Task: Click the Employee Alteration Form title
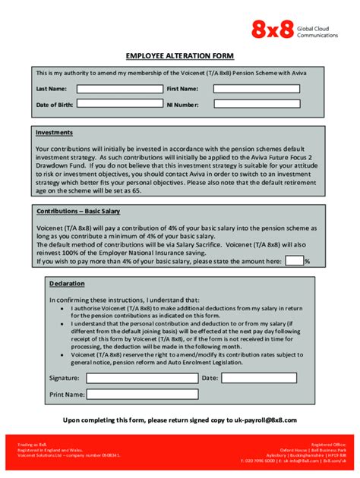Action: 179,56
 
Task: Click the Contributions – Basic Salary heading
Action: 78,211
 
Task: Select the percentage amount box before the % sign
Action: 294,261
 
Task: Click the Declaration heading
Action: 67,284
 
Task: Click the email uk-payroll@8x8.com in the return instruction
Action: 264,420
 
